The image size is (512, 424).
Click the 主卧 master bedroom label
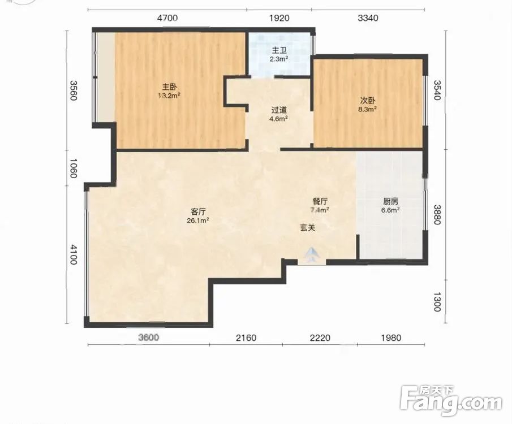(x=170, y=87)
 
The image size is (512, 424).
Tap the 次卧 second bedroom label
(x=367, y=101)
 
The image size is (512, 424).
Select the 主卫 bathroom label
(x=279, y=50)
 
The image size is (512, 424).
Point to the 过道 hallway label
(x=278, y=110)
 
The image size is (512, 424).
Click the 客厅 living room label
(x=198, y=212)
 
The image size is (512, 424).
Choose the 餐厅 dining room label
(x=320, y=201)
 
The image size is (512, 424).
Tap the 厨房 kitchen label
(x=390, y=201)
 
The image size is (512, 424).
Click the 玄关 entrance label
(x=308, y=228)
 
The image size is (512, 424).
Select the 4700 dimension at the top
(x=167, y=18)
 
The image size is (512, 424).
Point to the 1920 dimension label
(x=279, y=18)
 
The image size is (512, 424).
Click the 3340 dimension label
(x=368, y=18)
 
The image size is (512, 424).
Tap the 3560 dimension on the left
(x=73, y=90)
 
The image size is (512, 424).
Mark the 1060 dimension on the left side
(x=73, y=168)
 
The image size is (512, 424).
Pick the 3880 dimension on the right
(x=437, y=215)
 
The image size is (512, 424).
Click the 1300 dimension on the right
(x=437, y=302)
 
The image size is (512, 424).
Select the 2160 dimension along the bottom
(x=246, y=338)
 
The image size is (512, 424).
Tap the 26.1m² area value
(x=198, y=220)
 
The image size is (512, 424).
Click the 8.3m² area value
(x=367, y=109)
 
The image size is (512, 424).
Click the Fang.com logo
(x=451, y=401)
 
